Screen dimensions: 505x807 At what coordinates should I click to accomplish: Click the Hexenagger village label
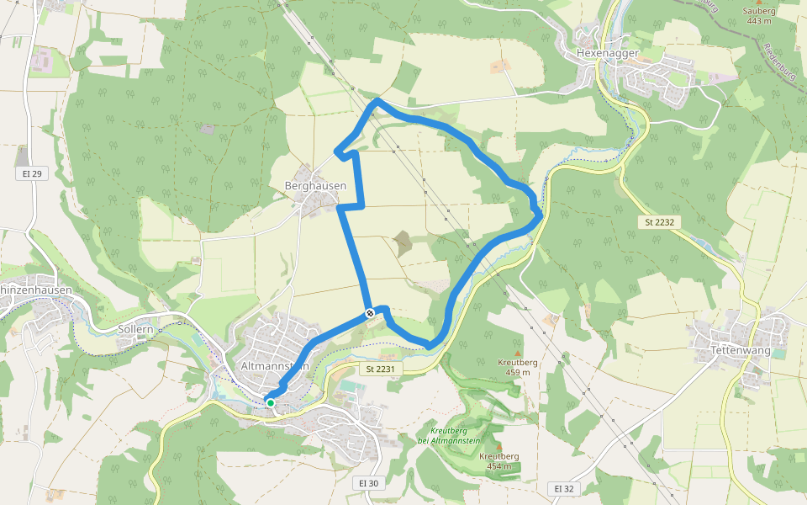(x=609, y=52)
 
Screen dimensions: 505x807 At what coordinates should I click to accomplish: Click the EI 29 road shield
(x=32, y=173)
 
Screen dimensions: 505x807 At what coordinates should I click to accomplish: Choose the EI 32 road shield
(x=563, y=488)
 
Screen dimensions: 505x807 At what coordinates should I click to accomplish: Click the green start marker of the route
(x=271, y=403)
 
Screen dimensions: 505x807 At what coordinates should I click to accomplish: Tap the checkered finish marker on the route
(x=370, y=314)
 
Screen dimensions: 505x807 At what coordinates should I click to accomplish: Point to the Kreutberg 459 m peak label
(x=518, y=366)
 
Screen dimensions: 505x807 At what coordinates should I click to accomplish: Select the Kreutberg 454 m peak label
(x=499, y=460)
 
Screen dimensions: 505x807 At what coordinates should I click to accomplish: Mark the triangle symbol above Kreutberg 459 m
(x=518, y=353)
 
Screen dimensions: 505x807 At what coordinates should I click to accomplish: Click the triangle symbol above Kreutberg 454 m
(x=499, y=446)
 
